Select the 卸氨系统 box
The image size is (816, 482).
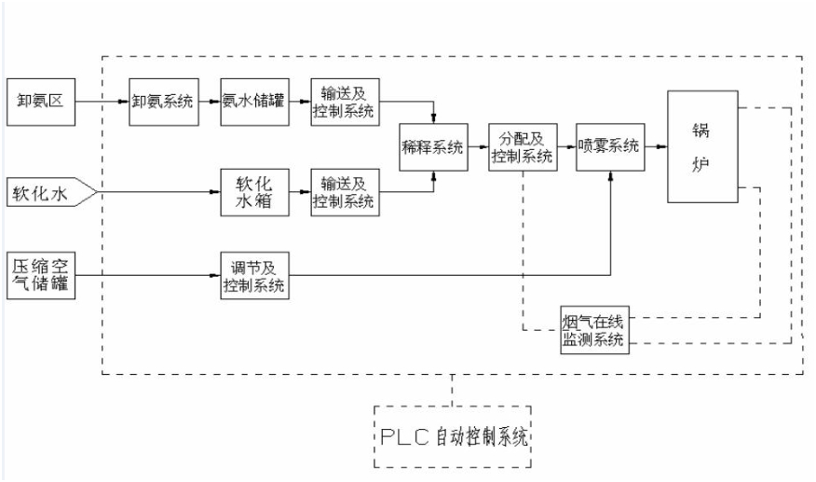pyautogui.click(x=162, y=100)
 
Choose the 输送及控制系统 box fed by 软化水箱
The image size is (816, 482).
pyautogui.click(x=344, y=191)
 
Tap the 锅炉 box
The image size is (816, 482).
pyautogui.click(x=702, y=146)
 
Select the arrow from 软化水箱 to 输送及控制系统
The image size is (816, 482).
pyautogui.click(x=298, y=192)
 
